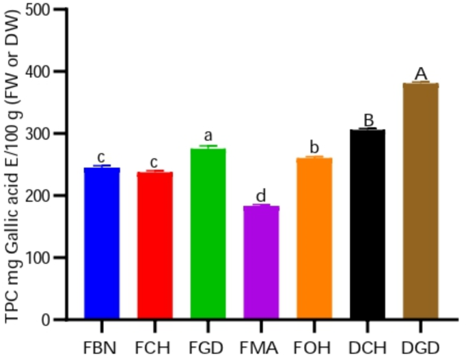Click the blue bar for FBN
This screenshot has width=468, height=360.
tap(102, 244)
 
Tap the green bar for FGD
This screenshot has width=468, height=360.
tap(208, 234)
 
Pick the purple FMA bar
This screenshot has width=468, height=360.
tap(261, 263)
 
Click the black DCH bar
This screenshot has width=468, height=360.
tap(368, 224)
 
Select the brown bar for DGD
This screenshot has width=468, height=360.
tap(421, 202)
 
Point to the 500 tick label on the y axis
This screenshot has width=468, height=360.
tap(35, 10)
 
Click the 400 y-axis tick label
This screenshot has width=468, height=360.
tap(35, 72)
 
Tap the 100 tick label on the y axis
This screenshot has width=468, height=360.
tap(35, 258)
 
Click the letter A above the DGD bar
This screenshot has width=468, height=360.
tap(421, 73)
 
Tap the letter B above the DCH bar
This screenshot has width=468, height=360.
tap(368, 119)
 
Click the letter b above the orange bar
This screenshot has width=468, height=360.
tap(314, 149)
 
